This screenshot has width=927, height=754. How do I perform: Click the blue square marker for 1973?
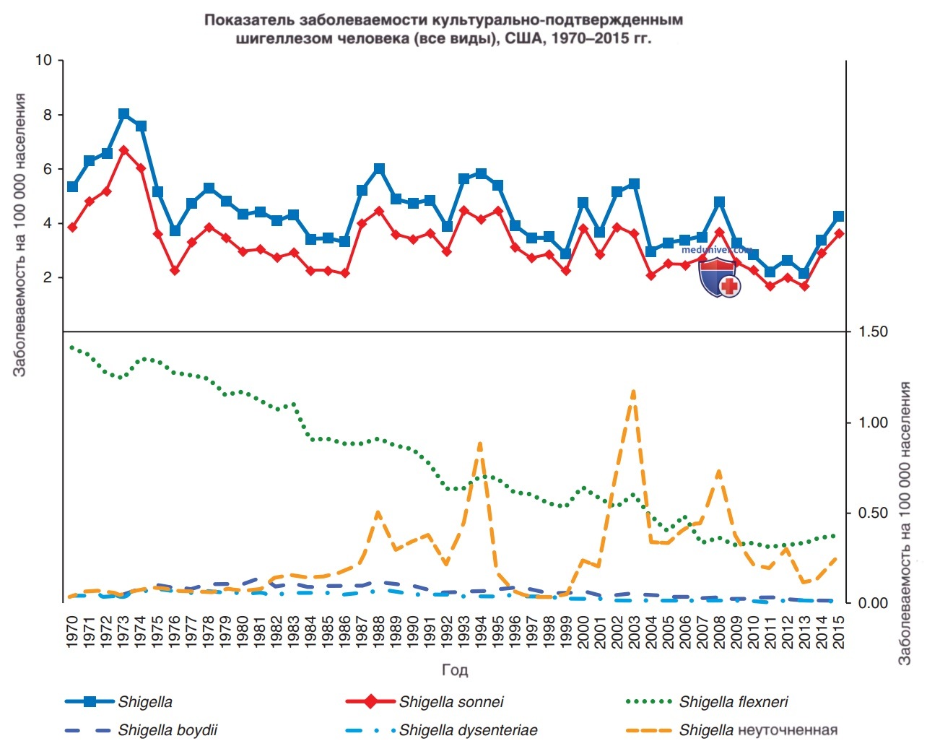pos(124,114)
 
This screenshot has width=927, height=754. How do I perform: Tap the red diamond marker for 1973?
pos(124,150)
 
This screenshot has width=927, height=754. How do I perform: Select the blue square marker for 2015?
pos(838,217)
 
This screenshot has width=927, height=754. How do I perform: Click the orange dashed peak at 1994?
pos(480,445)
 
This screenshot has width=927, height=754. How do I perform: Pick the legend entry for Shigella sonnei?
pos(425,702)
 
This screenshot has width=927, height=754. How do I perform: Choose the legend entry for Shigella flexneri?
pos(708,702)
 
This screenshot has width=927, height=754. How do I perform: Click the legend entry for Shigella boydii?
pos(141,730)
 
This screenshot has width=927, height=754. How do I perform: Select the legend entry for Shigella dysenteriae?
pos(442,730)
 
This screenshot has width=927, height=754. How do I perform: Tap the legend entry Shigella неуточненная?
pos(732,730)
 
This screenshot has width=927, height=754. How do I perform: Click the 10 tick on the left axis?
pos(43,60)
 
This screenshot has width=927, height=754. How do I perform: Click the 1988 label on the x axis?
pos(378,633)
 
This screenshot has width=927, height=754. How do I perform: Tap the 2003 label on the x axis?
pos(634,633)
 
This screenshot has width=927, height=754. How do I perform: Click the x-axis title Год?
pos(455,669)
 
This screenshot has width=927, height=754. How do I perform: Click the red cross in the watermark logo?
pos(729,286)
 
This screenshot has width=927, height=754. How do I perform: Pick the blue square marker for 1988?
pos(379,168)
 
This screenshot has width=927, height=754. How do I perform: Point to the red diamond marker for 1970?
pos(73,227)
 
